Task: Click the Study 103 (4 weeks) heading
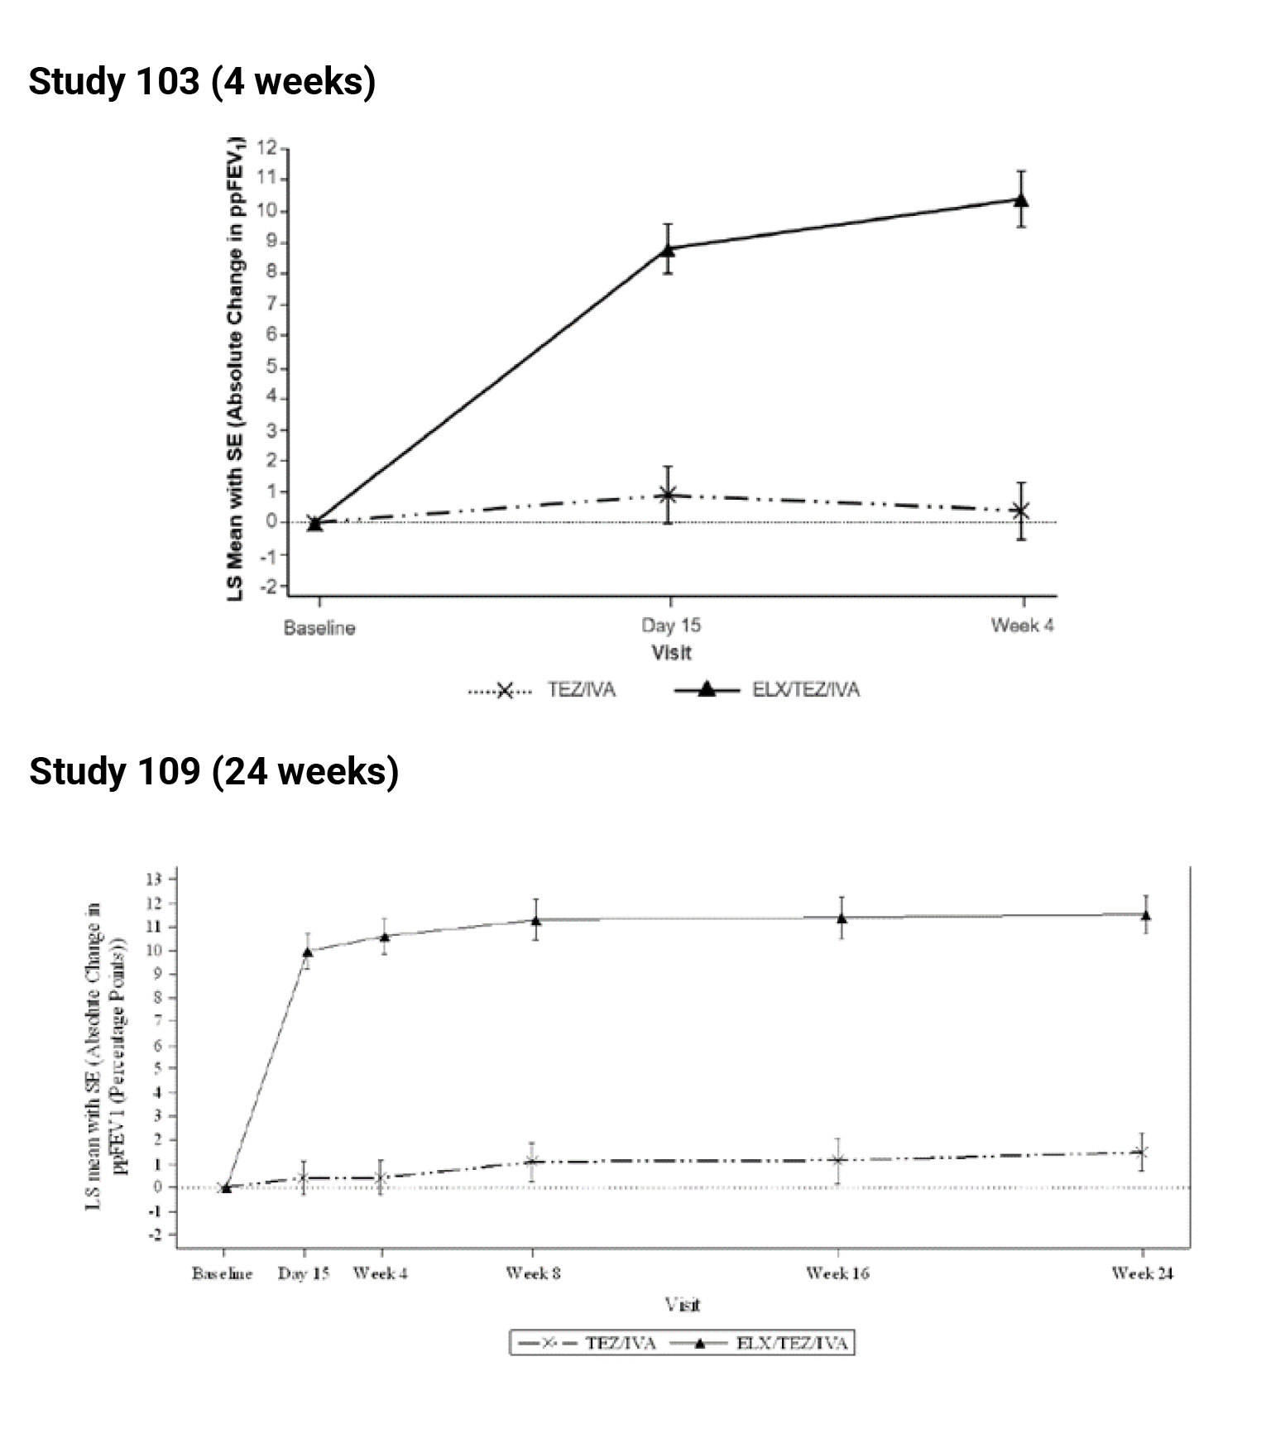pos(202,82)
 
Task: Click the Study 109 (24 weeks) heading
pos(213,771)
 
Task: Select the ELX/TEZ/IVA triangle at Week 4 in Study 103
pos(1021,199)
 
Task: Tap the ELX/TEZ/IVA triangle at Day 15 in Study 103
pos(668,247)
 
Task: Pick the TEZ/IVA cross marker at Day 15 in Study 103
pos(668,495)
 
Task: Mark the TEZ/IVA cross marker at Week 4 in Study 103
pos(1021,511)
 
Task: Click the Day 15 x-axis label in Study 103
pos(670,626)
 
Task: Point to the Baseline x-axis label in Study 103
pos(319,628)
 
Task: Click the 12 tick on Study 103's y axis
pos(266,148)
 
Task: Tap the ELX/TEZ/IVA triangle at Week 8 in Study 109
pos(535,920)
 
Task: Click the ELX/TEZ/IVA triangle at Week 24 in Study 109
pos(1145,915)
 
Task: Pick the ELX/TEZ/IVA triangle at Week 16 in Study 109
pos(842,918)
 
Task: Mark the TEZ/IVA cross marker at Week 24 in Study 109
pos(1142,1152)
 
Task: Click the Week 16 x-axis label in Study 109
pos(837,1273)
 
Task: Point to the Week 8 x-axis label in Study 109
pos(533,1273)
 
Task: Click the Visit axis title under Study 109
pos(683,1305)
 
